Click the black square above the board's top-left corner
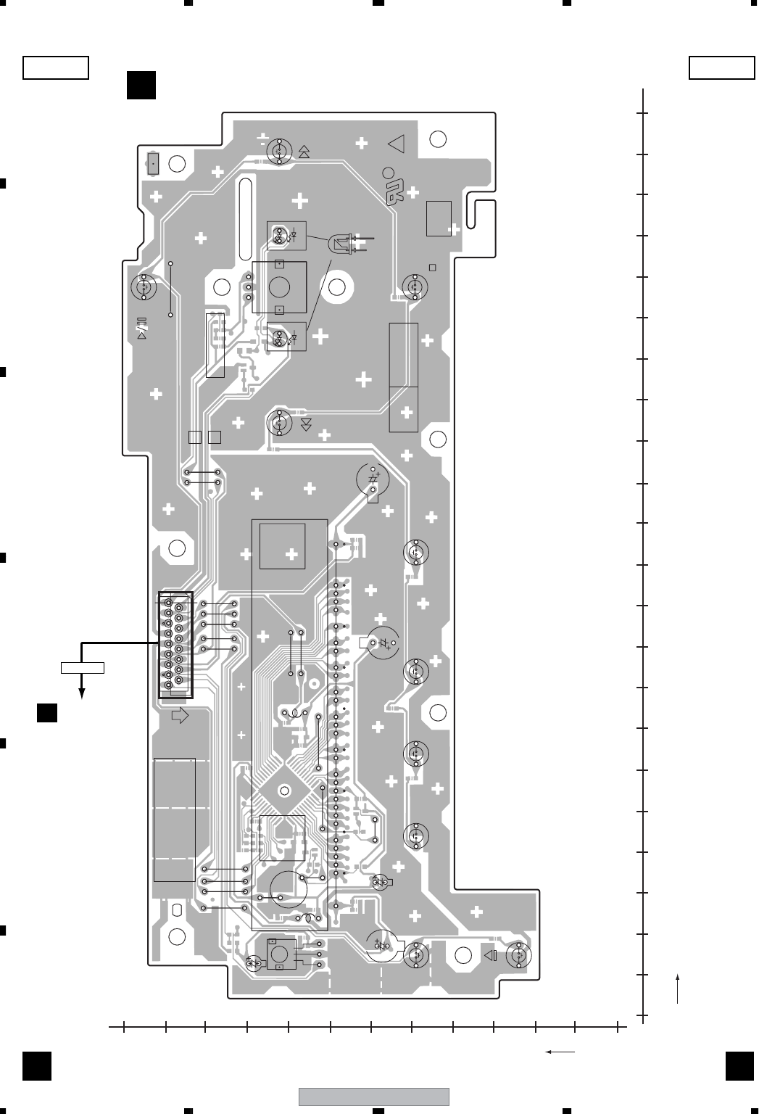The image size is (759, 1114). click(x=141, y=84)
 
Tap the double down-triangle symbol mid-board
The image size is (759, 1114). click(x=306, y=424)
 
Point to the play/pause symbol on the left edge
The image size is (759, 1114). click(x=142, y=329)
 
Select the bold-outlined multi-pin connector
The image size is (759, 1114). click(x=175, y=645)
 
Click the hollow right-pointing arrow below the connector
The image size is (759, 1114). click(x=179, y=716)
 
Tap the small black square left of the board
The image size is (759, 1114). click(x=48, y=712)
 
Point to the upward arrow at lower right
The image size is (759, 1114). click(x=677, y=989)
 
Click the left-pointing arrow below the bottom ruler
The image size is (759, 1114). click(x=560, y=1051)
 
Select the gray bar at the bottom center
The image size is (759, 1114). click(x=374, y=1096)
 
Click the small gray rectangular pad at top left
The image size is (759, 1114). click(x=153, y=163)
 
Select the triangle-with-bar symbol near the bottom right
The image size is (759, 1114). click(x=491, y=955)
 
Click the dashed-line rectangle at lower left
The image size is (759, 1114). click(x=175, y=820)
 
